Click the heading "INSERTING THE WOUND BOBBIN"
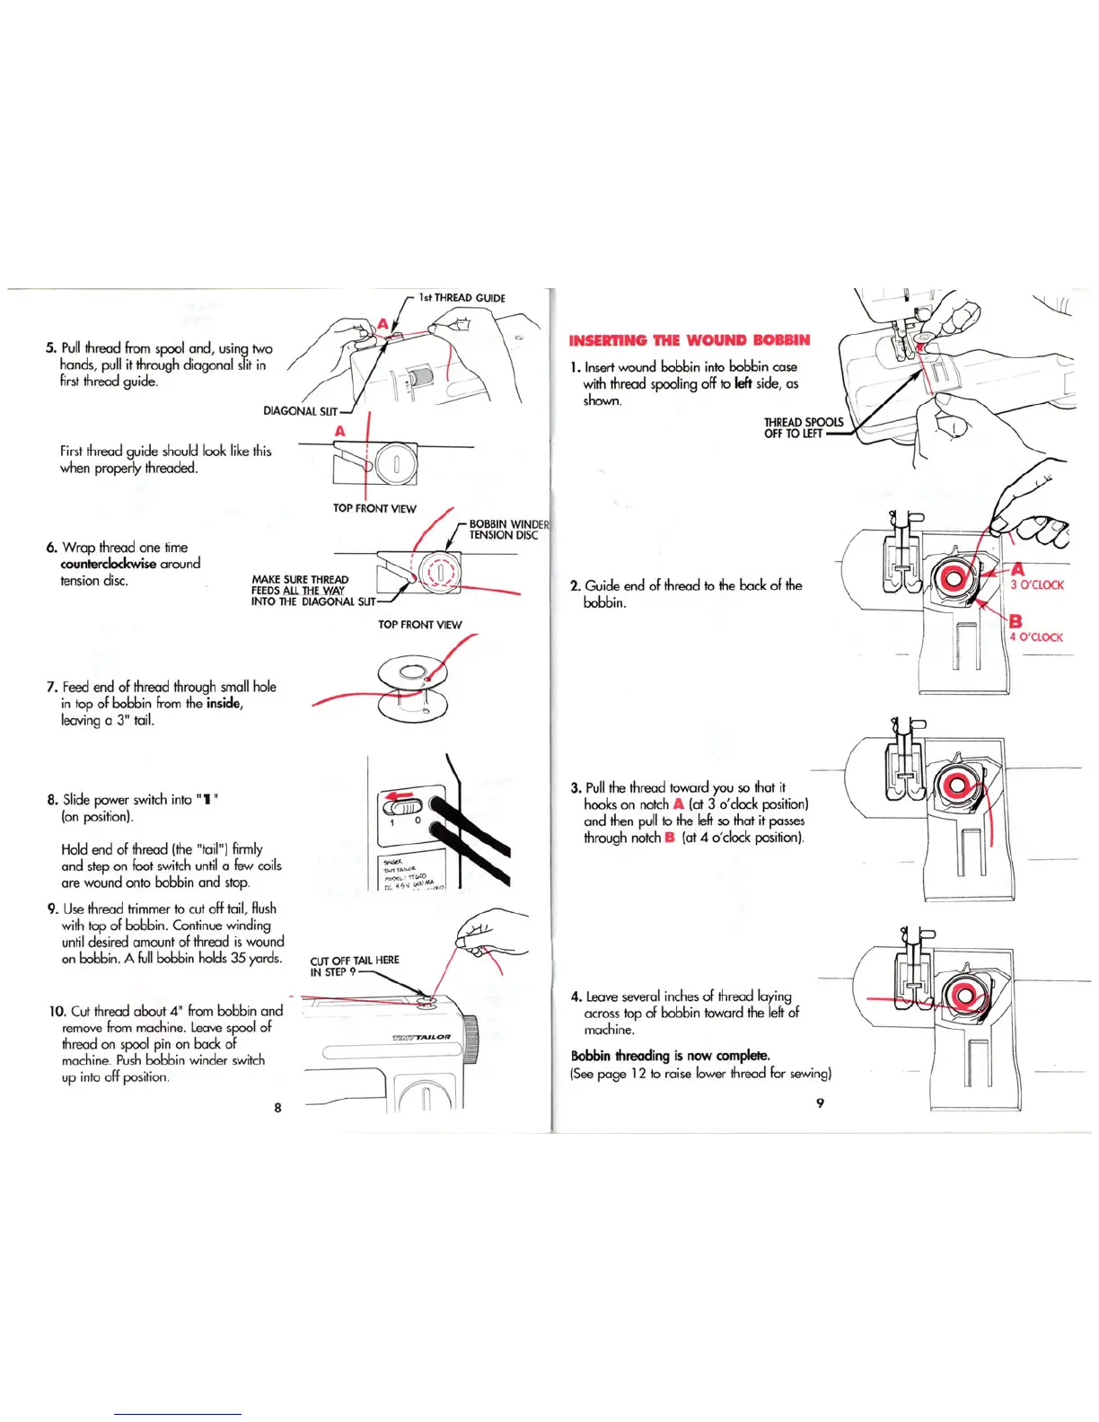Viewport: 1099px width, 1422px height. pyautogui.click(x=690, y=340)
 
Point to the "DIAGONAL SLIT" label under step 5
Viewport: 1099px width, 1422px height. pyautogui.click(x=300, y=411)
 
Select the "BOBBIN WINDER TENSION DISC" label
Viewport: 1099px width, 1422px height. pyautogui.click(x=508, y=530)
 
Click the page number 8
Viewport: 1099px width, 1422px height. pyautogui.click(x=277, y=1108)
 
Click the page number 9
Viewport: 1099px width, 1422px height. pyautogui.click(x=820, y=1103)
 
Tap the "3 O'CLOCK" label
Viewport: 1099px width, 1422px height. pyautogui.click(x=1037, y=585)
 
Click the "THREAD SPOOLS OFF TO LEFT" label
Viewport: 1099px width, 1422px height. pyautogui.click(x=803, y=427)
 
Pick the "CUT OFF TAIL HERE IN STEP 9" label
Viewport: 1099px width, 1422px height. pyautogui.click(x=354, y=966)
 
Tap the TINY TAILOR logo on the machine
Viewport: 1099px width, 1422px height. pyautogui.click(x=421, y=1037)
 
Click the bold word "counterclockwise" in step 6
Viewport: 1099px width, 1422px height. pyautogui.click(x=108, y=564)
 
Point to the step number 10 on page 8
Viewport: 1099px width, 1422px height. pyautogui.click(x=57, y=1011)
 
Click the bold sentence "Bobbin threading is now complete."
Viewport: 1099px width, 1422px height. pyautogui.click(x=670, y=1056)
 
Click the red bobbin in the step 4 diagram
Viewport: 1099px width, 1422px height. pyautogui.click(x=964, y=995)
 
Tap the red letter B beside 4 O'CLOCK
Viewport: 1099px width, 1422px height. pyautogui.click(x=1015, y=621)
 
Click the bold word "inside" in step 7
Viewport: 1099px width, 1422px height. pyautogui.click(x=224, y=703)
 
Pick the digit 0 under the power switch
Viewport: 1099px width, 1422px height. pyautogui.click(x=418, y=821)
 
